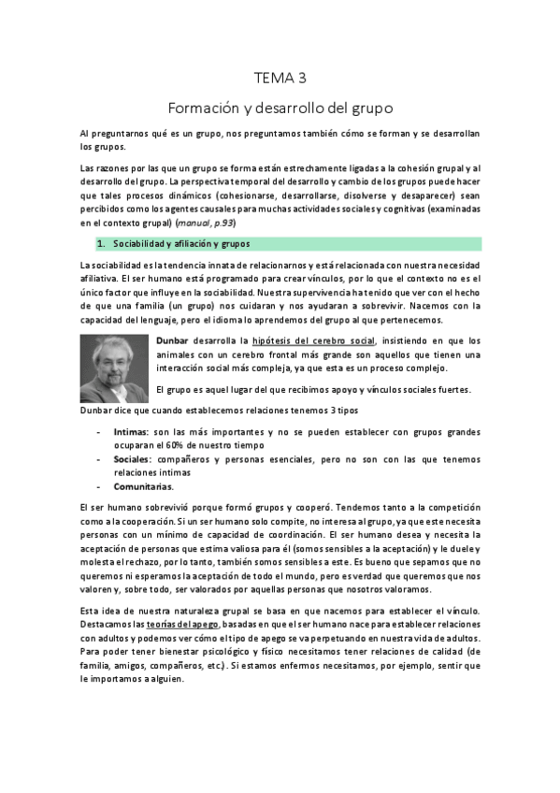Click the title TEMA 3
coord(280,78)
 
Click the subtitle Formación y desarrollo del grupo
coord(280,107)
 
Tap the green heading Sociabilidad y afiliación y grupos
coord(176,244)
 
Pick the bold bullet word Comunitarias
coord(142,486)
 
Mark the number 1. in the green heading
coord(103,244)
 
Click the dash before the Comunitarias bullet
coord(99,486)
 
